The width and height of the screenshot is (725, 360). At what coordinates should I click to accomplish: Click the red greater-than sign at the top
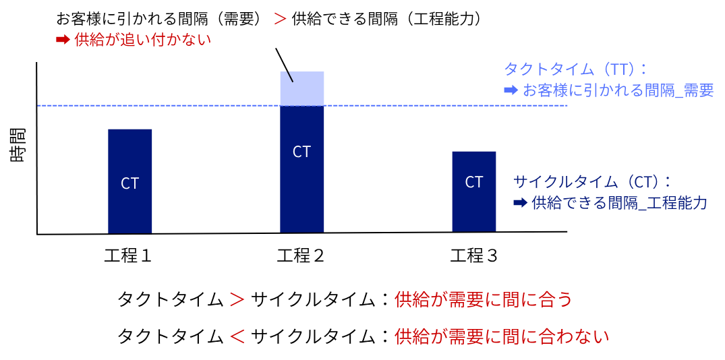pos(280,19)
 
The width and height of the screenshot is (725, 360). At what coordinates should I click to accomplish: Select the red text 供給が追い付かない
pos(142,40)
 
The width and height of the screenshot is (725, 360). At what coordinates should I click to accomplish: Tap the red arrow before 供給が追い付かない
pos(63,40)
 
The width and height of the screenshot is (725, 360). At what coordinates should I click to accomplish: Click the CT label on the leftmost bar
pos(129,183)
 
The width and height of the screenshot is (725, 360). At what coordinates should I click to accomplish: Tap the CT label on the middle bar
pos(301,152)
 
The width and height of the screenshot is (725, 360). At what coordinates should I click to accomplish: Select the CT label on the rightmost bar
pos(473,182)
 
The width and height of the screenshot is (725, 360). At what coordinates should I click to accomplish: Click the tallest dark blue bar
pos(301,196)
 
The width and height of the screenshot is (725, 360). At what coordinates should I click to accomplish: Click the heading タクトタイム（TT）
pos(575,69)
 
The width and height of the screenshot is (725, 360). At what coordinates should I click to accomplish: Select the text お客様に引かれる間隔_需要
pos(618,90)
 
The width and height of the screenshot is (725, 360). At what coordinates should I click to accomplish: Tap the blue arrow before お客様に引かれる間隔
pos(511,90)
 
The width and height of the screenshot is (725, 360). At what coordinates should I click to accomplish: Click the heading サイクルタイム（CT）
pos(591,181)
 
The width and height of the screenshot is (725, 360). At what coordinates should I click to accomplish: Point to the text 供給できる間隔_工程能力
pos(619,202)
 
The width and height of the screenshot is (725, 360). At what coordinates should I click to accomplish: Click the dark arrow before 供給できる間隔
pos(519,202)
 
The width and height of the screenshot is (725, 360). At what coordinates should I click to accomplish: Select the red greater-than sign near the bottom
pos(237,300)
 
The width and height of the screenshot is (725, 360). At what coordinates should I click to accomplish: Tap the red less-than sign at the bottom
pos(237,336)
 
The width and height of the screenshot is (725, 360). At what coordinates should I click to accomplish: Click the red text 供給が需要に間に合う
pos(483,300)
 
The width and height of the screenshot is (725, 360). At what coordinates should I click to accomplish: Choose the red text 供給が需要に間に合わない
pos(501,336)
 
